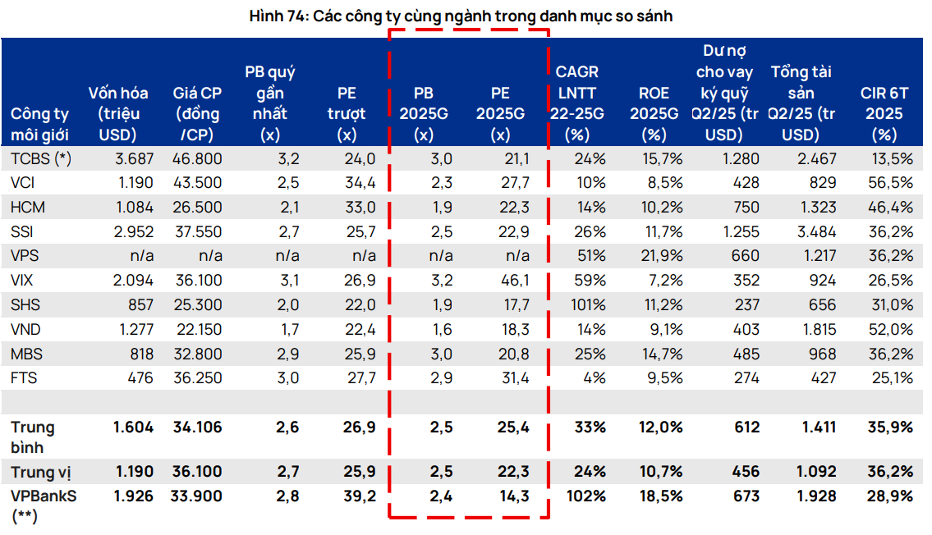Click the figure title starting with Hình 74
coord(466,16)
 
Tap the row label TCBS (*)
coord(41,159)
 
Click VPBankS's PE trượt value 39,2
coord(359,496)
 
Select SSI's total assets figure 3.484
coord(818,232)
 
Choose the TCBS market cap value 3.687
coord(132,159)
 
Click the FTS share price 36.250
coord(198,378)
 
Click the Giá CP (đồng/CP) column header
coord(197,113)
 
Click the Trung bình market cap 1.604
coord(133,427)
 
